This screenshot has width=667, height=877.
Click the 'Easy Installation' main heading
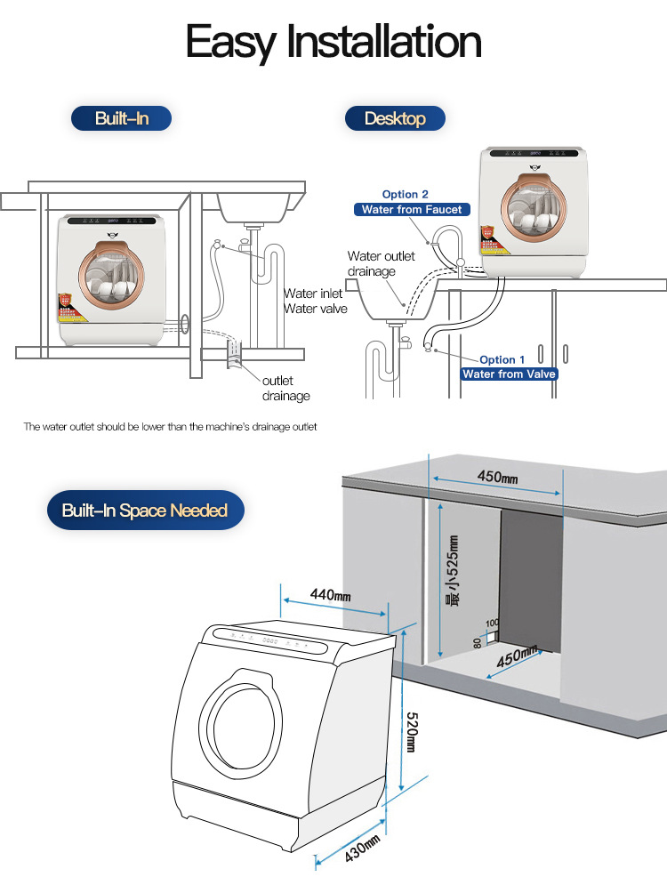(333, 42)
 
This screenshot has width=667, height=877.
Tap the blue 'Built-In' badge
(122, 118)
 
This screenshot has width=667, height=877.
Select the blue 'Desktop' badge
(394, 118)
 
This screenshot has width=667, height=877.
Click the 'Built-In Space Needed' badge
(145, 511)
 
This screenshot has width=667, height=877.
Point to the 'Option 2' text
(406, 194)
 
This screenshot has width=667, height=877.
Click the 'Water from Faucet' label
(412, 210)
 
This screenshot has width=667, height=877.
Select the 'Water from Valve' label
(509, 374)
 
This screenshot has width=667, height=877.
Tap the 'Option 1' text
(502, 360)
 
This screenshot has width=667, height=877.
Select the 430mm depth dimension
(362, 849)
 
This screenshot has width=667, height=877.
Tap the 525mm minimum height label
(453, 569)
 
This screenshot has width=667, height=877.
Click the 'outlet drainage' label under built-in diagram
(285, 388)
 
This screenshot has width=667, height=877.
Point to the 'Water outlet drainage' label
(381, 263)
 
